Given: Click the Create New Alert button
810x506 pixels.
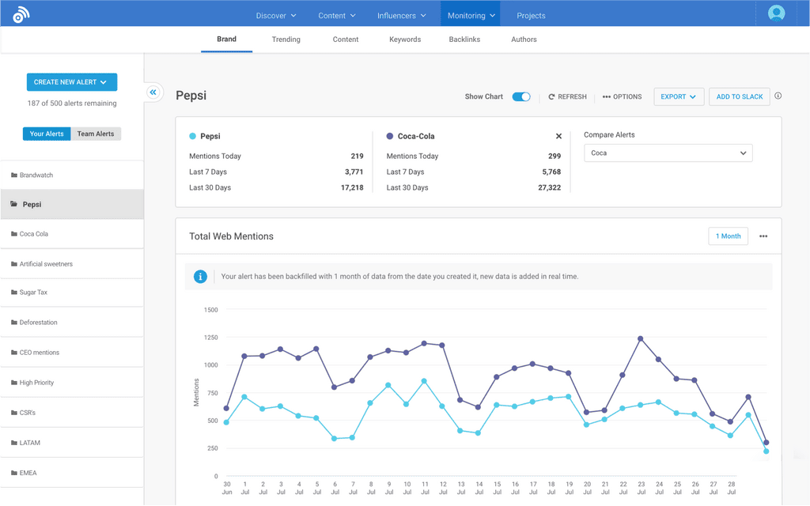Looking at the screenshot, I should click(71, 82).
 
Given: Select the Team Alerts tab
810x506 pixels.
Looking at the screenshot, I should click(96, 134).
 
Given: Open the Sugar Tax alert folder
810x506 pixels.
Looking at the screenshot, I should click(33, 293).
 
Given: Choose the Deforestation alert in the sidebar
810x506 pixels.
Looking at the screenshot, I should click(38, 323).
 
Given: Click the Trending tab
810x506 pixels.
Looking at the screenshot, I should click(286, 40).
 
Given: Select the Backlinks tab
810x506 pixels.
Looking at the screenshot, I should click(464, 40).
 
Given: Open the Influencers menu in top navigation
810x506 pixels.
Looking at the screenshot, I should click(402, 16).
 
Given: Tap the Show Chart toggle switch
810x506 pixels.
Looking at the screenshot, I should click(521, 96).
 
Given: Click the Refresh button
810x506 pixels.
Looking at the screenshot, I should click(568, 96).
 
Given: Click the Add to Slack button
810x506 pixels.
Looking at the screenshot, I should click(740, 96).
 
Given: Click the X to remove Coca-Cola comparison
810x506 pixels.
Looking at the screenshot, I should click(558, 136).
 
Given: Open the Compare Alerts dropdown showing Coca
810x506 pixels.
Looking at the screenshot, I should click(668, 153).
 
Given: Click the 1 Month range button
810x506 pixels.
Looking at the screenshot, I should click(728, 236).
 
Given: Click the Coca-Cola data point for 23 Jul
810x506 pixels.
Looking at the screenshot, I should click(641, 338).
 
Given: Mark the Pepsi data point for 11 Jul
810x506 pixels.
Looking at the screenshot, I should click(425, 381).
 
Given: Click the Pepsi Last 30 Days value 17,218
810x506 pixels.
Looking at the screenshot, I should click(352, 187).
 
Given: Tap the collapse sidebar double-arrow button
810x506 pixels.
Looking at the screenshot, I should click(153, 93).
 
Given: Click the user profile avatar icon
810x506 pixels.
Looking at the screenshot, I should click(776, 13).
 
